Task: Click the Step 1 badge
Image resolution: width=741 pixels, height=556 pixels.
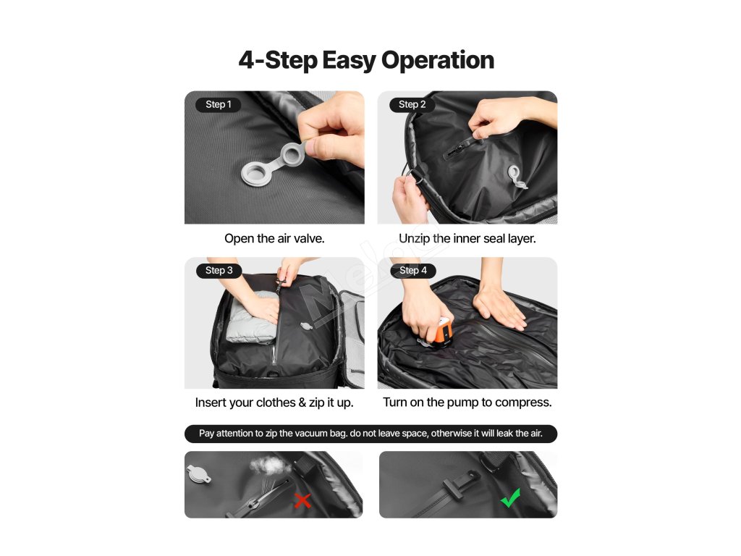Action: click(219, 104)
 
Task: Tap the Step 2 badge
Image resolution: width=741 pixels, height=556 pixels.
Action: click(412, 104)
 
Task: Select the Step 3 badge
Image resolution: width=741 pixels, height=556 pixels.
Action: click(219, 271)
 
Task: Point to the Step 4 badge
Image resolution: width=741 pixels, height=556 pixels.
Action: click(413, 271)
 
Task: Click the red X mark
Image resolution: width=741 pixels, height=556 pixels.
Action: click(302, 501)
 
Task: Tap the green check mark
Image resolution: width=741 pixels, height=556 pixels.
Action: click(510, 498)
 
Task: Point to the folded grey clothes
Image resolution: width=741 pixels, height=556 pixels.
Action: click(252, 318)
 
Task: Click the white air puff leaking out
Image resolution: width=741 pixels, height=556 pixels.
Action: click(271, 466)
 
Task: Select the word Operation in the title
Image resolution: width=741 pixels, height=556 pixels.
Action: click(438, 61)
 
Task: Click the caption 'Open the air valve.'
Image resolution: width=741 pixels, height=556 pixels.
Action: click(274, 238)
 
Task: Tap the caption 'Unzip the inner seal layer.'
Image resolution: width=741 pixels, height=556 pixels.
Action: click(467, 238)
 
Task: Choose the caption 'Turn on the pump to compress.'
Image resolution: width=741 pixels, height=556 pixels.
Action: click(467, 403)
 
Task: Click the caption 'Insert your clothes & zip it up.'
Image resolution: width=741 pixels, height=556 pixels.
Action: click(274, 403)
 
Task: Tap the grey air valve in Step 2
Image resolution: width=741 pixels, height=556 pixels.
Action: click(516, 177)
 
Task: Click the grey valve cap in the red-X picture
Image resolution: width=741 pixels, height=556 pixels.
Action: click(199, 474)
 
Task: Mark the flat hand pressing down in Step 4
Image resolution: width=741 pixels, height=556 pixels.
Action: click(499, 307)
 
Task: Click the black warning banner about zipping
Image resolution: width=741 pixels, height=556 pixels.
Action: click(371, 434)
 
